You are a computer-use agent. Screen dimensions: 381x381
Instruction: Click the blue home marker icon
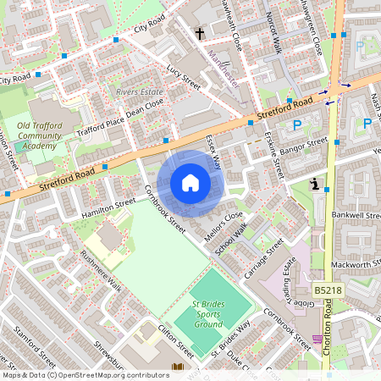click(x=190, y=182)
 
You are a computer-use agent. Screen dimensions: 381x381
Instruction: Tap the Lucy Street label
click(x=184, y=76)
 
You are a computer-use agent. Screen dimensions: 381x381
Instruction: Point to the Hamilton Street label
click(x=108, y=208)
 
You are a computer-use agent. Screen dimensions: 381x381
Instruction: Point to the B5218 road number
click(x=329, y=290)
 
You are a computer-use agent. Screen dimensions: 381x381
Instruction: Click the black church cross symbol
click(x=200, y=34)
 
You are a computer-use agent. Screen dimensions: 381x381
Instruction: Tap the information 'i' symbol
click(x=314, y=184)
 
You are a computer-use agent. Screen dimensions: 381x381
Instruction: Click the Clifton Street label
click(x=173, y=338)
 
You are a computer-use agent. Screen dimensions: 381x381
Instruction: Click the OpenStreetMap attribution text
click(x=85, y=375)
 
